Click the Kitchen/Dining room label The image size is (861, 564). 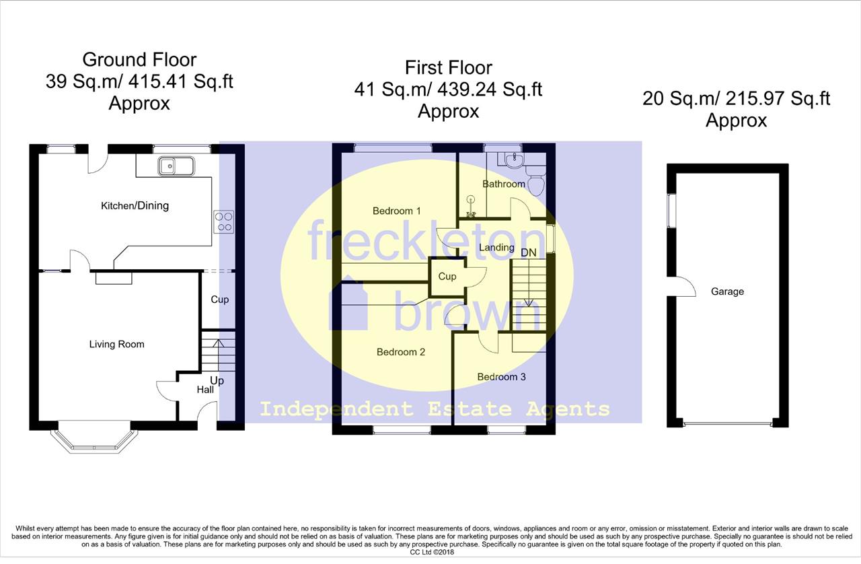point(135,206)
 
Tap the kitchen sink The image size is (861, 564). point(176,166)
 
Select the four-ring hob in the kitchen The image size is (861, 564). point(224,221)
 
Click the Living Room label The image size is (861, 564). point(116,344)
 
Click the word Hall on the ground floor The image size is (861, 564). point(205,390)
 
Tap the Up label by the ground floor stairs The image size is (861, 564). point(217,381)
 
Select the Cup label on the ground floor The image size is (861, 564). point(219,299)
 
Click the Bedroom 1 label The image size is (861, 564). point(396,211)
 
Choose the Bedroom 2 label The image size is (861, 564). point(400,352)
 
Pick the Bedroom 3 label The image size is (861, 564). point(501,377)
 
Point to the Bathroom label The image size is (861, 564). point(504,184)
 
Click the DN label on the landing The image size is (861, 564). point(529,253)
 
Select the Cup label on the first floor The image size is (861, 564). point(447,276)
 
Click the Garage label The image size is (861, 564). point(727,291)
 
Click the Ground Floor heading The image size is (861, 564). point(139,60)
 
